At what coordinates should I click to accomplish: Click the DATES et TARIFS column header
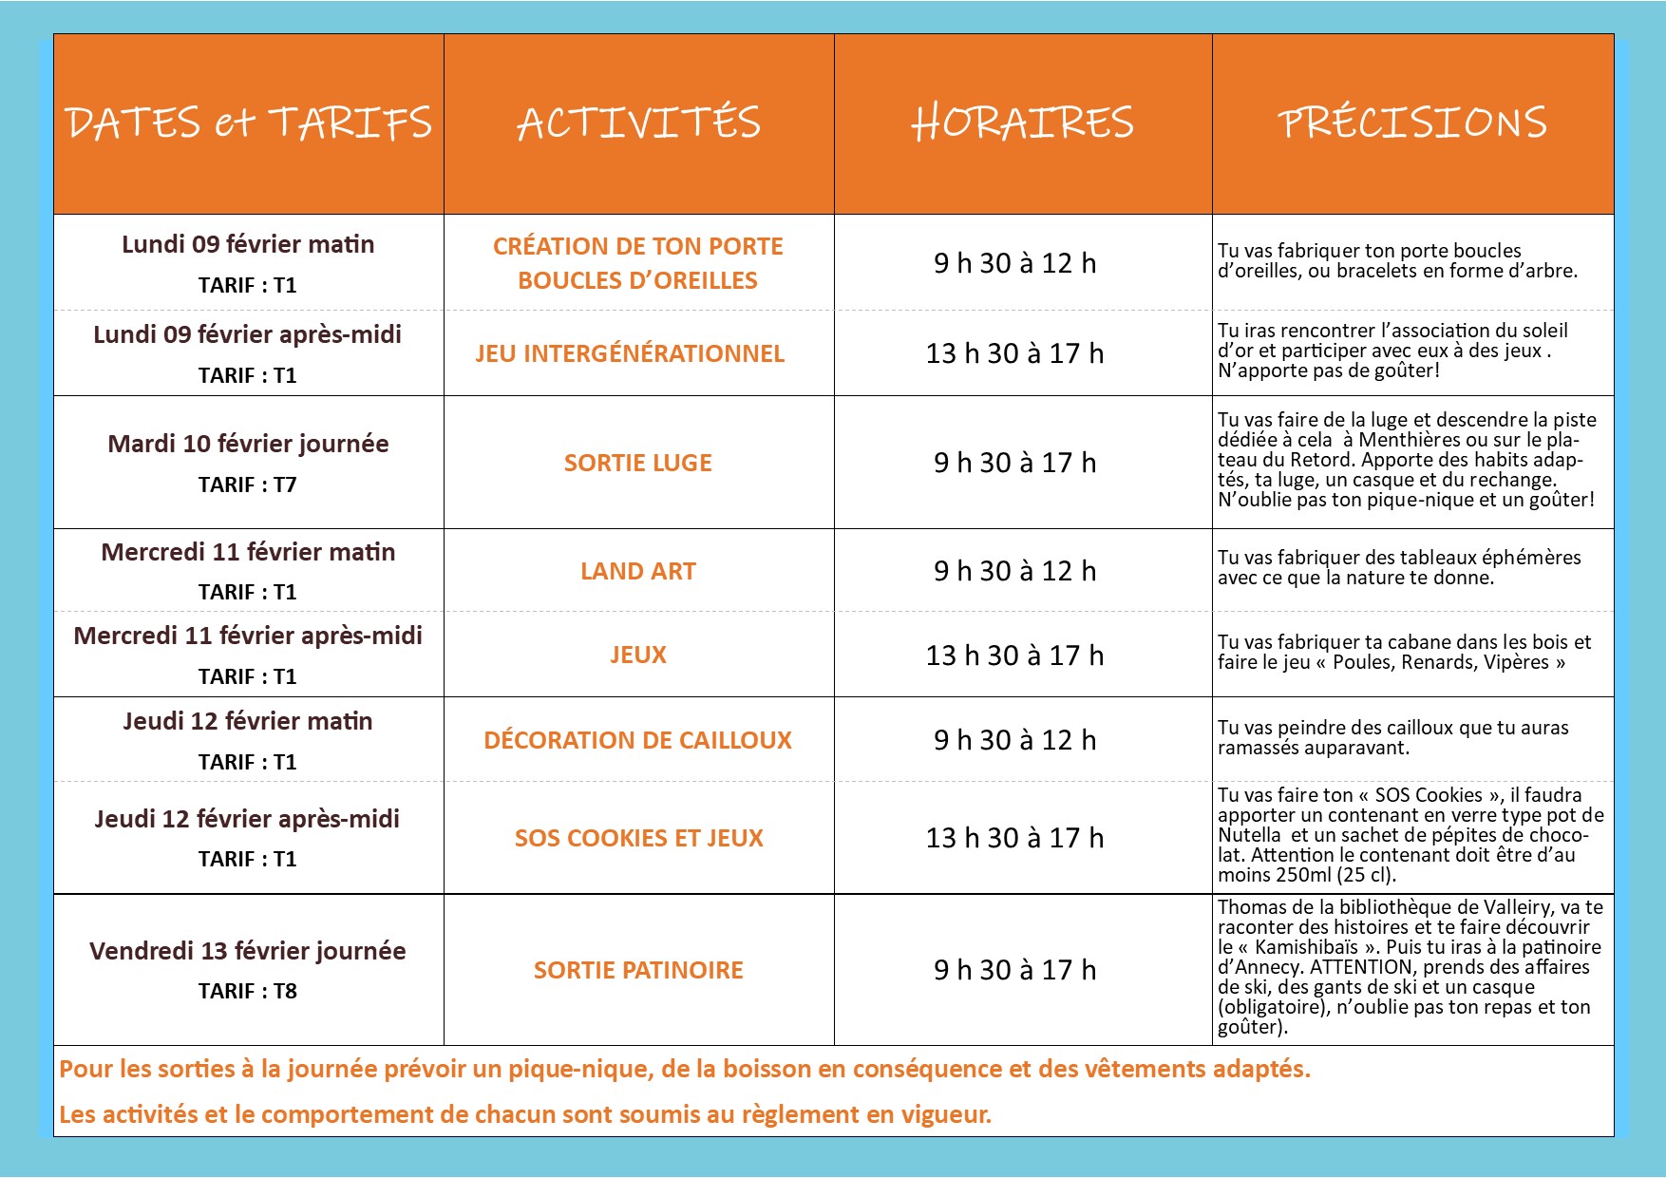point(248,123)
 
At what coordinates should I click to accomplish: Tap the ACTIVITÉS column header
point(638,123)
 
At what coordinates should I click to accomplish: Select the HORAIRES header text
point(1022,123)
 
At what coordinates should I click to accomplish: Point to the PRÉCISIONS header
point(1412,123)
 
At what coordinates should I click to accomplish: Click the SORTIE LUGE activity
point(637,463)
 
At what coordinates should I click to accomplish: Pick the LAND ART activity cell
point(637,571)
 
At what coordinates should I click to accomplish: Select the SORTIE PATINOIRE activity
point(637,970)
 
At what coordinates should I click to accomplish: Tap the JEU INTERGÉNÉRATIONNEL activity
point(630,353)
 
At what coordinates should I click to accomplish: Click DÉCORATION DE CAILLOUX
point(637,740)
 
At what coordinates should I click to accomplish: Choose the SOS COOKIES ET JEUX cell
point(638,838)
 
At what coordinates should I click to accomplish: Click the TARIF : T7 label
point(247,484)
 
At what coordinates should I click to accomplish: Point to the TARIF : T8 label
point(247,991)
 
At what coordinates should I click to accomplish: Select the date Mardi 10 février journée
point(248,444)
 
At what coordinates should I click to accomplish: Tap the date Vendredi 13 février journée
point(247,951)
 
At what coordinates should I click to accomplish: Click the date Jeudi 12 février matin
point(247,721)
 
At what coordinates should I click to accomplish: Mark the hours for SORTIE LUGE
point(1014,463)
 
